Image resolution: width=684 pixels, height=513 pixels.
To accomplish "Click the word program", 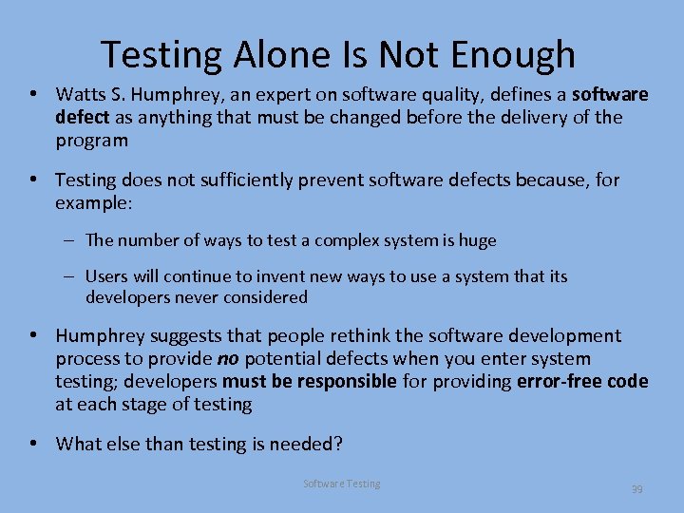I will tap(91, 140).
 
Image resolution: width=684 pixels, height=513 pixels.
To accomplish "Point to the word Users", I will tap(107, 276).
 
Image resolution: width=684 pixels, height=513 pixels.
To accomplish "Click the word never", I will tap(191, 297).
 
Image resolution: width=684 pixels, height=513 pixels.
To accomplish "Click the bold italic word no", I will tap(228, 358).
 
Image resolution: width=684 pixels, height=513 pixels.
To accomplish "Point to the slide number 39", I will tap(636, 489).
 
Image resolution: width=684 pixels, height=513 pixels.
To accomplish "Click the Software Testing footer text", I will tap(341, 484).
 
